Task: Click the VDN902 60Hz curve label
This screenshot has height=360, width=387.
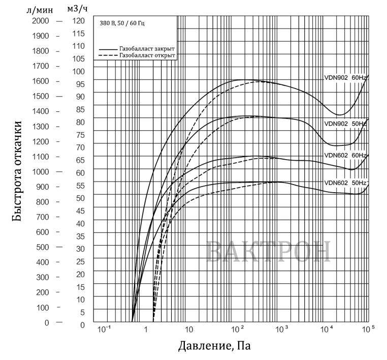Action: [345, 78]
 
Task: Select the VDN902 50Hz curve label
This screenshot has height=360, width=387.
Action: [345, 124]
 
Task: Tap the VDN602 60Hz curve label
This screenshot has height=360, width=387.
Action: [345, 155]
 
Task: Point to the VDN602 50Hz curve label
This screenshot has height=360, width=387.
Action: [345, 183]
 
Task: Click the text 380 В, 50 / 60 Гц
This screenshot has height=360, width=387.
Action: [122, 23]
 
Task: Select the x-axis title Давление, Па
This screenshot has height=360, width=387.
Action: [214, 346]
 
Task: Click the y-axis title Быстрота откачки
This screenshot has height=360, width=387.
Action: [17, 171]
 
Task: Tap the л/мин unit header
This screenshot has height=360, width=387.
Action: [40, 10]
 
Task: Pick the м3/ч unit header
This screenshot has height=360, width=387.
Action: [78, 9]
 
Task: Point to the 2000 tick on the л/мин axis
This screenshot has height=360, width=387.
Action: [41, 21]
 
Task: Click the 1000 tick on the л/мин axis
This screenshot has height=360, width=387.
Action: [41, 172]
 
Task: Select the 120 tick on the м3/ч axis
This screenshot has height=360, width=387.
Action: [79, 21]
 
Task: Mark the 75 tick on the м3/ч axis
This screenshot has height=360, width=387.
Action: [80, 135]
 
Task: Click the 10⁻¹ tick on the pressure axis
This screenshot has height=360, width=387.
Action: [104, 329]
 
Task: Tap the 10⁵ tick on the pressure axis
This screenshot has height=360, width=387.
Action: [368, 329]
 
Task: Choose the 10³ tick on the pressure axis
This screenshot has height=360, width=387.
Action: [281, 329]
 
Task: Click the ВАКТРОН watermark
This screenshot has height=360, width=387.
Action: [268, 251]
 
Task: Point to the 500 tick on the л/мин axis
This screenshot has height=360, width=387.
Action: [43, 247]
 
